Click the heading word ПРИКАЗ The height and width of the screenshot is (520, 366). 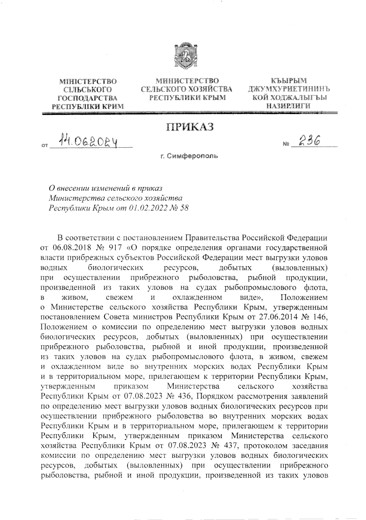[x=190, y=126]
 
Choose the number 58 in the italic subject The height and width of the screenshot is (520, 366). [x=184, y=208]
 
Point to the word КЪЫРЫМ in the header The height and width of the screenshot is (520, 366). [x=289, y=81]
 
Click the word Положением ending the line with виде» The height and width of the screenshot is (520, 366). [x=304, y=297]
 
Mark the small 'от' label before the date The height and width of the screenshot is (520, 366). [x=45, y=146]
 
